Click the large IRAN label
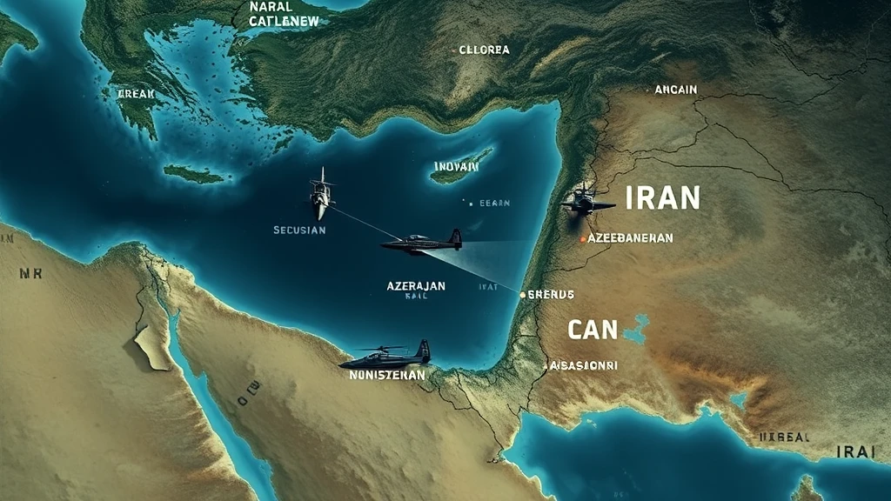click(x=662, y=198)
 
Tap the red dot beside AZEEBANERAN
click(x=582, y=237)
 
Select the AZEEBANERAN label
click(x=630, y=237)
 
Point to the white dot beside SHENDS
click(x=522, y=295)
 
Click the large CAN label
click(x=593, y=330)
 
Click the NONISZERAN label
click(x=386, y=375)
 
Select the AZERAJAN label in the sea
click(x=416, y=285)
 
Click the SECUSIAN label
click(x=298, y=230)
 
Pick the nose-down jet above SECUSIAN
click(x=321, y=195)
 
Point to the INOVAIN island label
click(x=456, y=166)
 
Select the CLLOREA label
click(x=484, y=50)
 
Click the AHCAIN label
click(x=675, y=89)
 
